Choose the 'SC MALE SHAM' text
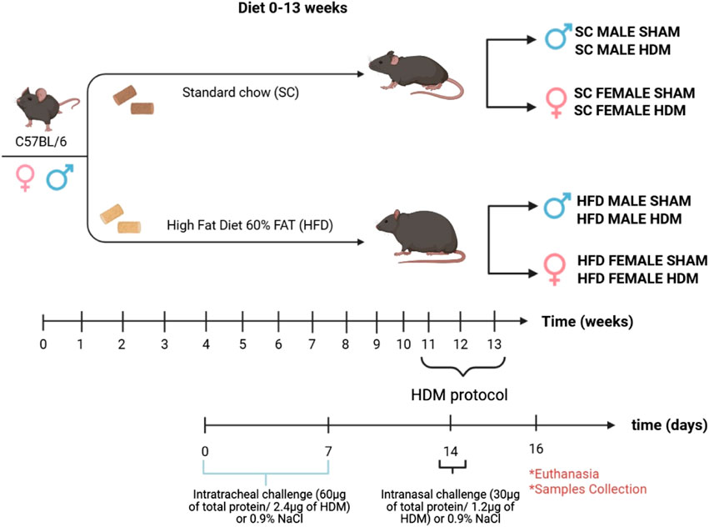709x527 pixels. [627, 32]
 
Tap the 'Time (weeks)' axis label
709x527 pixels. [584, 321]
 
